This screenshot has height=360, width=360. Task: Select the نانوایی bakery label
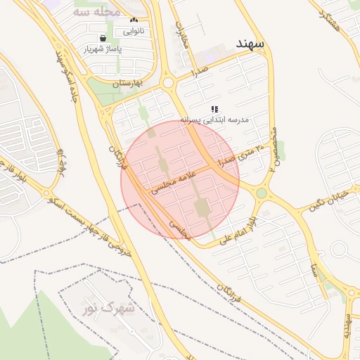(134, 31)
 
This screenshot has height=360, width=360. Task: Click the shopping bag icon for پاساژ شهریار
(103, 38)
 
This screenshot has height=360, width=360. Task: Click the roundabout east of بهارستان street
(167, 84)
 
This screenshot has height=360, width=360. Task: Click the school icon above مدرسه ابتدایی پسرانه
(214, 109)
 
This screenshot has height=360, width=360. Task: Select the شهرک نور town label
(108, 307)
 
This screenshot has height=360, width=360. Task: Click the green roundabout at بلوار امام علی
(262, 193)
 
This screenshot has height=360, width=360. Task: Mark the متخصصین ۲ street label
(273, 148)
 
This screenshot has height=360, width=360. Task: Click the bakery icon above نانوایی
(134, 20)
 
